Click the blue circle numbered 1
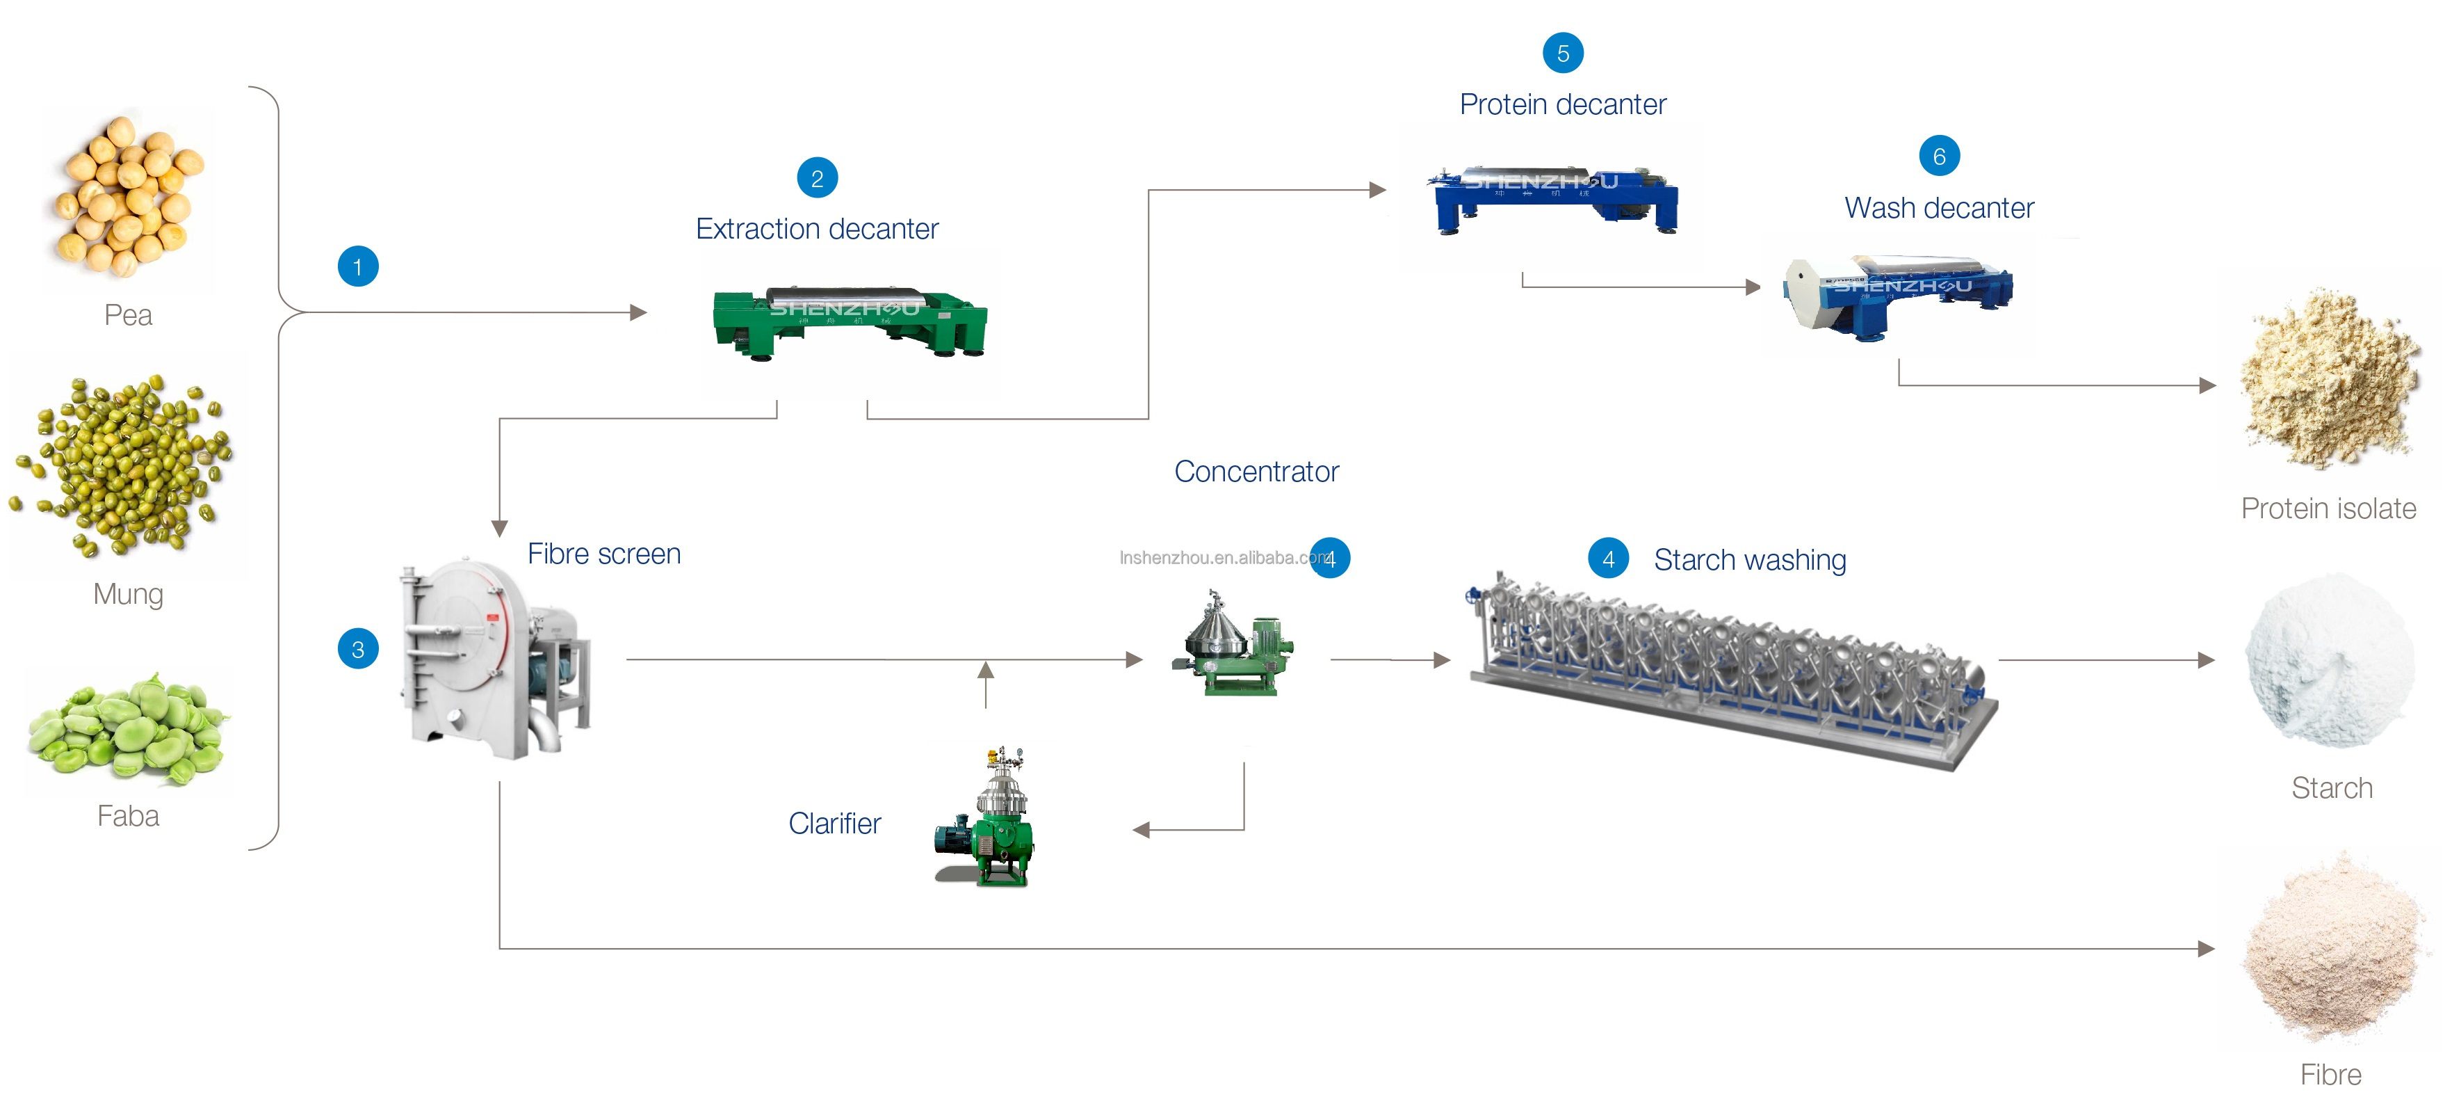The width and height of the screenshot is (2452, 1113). click(358, 266)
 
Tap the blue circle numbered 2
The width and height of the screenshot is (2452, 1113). click(817, 178)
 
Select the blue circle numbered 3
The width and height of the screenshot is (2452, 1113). click(358, 649)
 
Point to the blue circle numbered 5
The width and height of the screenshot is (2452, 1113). click(1562, 54)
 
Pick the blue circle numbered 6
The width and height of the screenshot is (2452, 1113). click(1939, 156)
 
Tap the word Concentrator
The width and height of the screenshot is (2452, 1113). click(1256, 472)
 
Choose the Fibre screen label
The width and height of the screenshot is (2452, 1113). click(603, 554)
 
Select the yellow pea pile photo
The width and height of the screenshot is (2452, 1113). click(127, 196)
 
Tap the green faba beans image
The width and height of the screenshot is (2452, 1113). click(127, 728)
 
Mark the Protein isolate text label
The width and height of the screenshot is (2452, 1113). click(2328, 509)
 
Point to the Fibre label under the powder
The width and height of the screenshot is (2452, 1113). click(2330, 1075)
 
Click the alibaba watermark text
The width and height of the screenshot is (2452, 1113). click(1219, 558)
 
